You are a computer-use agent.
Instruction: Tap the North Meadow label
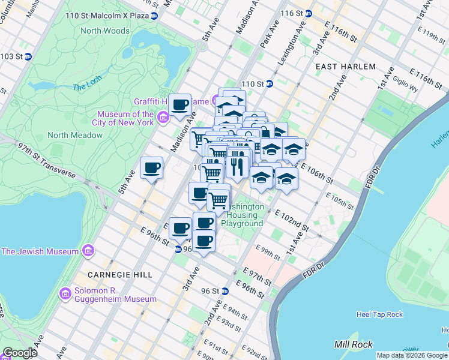pos(75,135)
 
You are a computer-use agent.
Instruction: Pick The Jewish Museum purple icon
pos(88,250)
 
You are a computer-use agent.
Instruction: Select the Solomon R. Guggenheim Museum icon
pos(65,294)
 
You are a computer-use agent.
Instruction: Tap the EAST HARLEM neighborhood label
pos(345,67)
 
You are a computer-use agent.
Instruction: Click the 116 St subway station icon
pos(309,13)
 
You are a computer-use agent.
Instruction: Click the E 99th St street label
pos(267,251)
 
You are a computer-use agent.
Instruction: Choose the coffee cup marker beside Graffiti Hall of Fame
pos(179,106)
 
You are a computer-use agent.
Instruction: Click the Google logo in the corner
pos(19,353)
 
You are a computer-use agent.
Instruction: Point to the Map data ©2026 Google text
pos(412,355)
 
